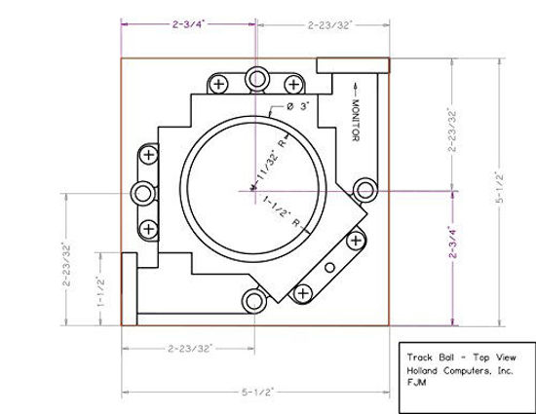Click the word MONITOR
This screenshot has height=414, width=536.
pos(356,120)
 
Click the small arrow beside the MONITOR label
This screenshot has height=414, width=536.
pos(356,89)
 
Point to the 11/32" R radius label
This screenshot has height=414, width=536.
pos(272,158)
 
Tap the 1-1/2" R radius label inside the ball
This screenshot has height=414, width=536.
pos(282,211)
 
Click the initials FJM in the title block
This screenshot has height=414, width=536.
pos(416,382)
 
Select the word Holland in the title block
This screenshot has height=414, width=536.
pos(422,370)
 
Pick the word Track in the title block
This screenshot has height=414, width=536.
pos(419,358)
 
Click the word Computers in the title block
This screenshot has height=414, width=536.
pos(467,370)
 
